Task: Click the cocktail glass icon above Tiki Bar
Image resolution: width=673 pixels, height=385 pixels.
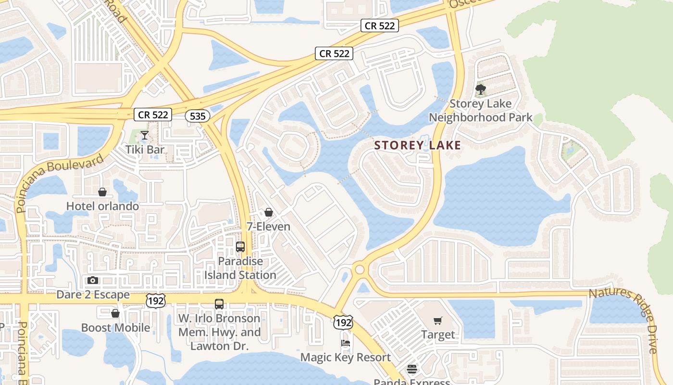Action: [144, 135]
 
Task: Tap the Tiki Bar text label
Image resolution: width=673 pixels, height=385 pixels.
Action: [145, 150]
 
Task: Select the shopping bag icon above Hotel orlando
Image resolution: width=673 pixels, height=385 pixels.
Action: [102, 192]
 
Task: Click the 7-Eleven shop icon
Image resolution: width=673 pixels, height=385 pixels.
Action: [268, 212]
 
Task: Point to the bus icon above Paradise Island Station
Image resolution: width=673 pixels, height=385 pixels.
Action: [240, 247]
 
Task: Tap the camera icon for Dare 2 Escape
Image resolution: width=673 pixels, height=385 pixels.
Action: [93, 281]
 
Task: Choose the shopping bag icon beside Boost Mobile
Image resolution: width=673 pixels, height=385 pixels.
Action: [115, 314]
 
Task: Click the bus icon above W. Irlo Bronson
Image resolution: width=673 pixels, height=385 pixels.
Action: [219, 304]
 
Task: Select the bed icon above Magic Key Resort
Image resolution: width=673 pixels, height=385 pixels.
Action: [345, 343]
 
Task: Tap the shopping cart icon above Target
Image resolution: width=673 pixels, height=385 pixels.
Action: [437, 321]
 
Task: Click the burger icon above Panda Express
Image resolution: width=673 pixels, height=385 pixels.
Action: [412, 369]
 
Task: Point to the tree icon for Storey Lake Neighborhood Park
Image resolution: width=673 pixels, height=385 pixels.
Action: [480, 90]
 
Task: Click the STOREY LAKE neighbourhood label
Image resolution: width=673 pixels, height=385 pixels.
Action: [417, 145]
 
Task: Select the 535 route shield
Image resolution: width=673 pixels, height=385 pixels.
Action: [196, 115]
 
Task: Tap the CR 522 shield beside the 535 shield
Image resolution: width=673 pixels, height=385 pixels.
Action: [153, 115]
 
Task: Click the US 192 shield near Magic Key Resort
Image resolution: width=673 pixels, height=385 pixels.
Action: [343, 322]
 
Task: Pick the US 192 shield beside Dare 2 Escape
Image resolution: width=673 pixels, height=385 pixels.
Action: [155, 301]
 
